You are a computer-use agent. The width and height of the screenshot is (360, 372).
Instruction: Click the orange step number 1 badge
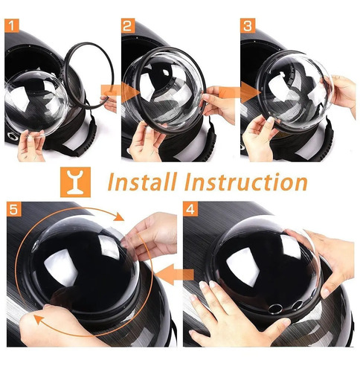point(12,26)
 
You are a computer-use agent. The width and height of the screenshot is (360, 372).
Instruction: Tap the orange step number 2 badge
point(128,26)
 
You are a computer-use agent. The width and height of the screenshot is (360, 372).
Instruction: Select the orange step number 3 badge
point(248,26)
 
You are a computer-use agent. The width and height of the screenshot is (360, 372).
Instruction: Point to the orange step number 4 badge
point(190,209)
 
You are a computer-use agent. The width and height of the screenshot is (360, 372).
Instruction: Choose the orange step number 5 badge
point(13,209)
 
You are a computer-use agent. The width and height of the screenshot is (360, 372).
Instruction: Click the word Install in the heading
point(143,182)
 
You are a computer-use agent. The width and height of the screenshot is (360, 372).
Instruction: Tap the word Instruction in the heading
point(246,182)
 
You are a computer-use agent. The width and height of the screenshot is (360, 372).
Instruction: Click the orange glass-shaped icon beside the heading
point(75,182)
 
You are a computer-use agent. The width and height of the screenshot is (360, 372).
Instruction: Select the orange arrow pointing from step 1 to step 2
point(120,92)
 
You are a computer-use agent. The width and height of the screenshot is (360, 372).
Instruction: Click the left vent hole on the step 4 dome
point(275,309)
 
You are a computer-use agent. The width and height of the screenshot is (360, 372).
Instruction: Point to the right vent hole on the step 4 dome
point(298,305)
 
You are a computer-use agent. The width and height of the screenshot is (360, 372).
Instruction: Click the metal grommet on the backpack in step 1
point(12,136)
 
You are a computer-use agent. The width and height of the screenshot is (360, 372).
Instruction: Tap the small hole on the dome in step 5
point(36,246)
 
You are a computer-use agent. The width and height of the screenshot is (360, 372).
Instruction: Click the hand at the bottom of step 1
point(32,146)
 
